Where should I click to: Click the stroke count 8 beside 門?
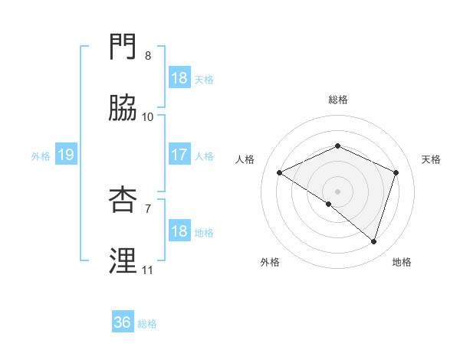tap(148, 56)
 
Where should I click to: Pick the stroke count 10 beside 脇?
tap(148, 117)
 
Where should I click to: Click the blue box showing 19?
tap(65, 155)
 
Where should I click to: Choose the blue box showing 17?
tap(179, 155)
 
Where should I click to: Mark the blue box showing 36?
tap(123, 323)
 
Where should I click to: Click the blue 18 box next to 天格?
tap(179, 78)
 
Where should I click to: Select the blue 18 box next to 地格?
tap(179, 232)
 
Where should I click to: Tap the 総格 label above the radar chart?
tap(338, 100)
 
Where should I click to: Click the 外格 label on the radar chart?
tap(270, 262)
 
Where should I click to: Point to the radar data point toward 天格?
tap(396, 172)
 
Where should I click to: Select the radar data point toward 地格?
tap(374, 242)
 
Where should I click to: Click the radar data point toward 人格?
tap(280, 173)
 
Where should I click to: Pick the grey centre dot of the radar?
tap(338, 191)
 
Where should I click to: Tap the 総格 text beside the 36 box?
tap(148, 324)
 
